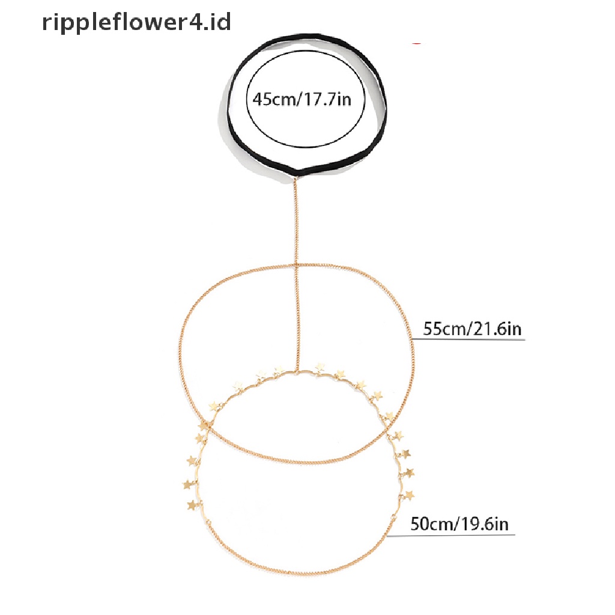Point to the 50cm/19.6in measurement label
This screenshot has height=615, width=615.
[459, 524]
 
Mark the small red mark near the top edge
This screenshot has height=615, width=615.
[416, 43]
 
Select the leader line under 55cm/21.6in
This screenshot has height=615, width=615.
[468, 340]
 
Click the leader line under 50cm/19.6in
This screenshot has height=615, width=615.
[456, 535]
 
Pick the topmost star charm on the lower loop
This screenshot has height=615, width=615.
[320, 366]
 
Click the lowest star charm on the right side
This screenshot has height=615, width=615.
[410, 495]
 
